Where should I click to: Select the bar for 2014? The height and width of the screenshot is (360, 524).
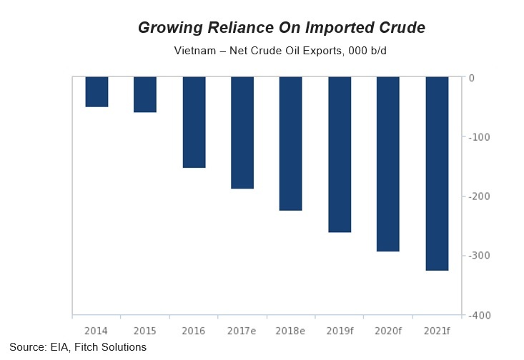tap(97, 91)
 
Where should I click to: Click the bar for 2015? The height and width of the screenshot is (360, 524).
tap(145, 94)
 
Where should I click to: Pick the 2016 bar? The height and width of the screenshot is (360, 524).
tap(194, 122)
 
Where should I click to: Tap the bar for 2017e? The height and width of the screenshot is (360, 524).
tap(242, 132)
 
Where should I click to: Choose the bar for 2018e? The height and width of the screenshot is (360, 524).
tap(291, 144)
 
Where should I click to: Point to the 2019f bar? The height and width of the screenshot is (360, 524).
tap(340, 154)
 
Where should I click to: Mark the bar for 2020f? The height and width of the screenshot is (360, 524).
tap(388, 164)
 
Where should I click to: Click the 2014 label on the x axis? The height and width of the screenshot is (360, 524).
tap(97, 331)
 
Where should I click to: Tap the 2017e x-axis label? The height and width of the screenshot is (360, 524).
tap(242, 331)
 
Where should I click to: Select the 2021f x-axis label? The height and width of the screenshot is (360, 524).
tap(437, 331)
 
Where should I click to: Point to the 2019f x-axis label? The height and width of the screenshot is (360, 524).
tap(340, 331)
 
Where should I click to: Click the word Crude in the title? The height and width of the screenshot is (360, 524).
tap(399, 28)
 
